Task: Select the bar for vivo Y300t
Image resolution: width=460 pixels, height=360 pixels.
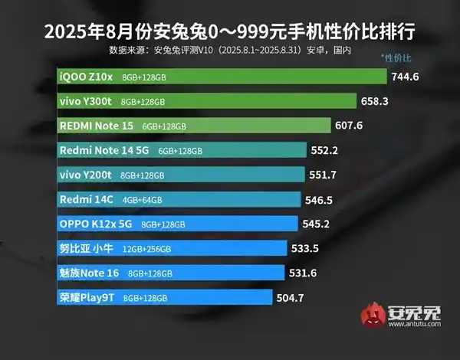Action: click(x=207, y=101)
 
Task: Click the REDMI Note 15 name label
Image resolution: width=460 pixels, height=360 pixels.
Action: click(x=95, y=126)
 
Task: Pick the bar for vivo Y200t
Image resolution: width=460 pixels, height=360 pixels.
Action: click(x=180, y=175)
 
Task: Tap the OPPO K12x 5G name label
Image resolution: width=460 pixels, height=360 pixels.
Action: click(x=96, y=224)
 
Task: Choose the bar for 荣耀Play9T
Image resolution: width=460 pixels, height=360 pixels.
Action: click(x=164, y=297)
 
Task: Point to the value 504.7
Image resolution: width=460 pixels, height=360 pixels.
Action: click(x=292, y=297)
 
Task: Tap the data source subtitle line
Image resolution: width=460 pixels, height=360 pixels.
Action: click(x=230, y=50)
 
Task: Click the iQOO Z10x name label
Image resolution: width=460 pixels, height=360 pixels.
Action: click(x=84, y=77)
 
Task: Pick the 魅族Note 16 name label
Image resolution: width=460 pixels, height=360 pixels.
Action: click(x=89, y=273)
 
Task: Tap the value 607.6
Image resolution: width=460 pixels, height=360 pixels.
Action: click(x=350, y=126)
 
